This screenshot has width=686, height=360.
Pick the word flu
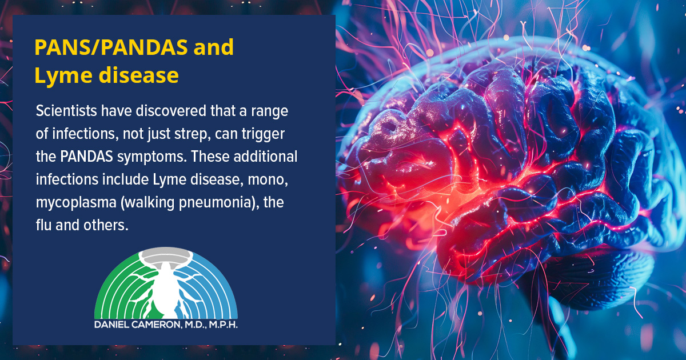point(43,225)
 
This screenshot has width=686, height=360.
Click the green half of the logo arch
point(117,291)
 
